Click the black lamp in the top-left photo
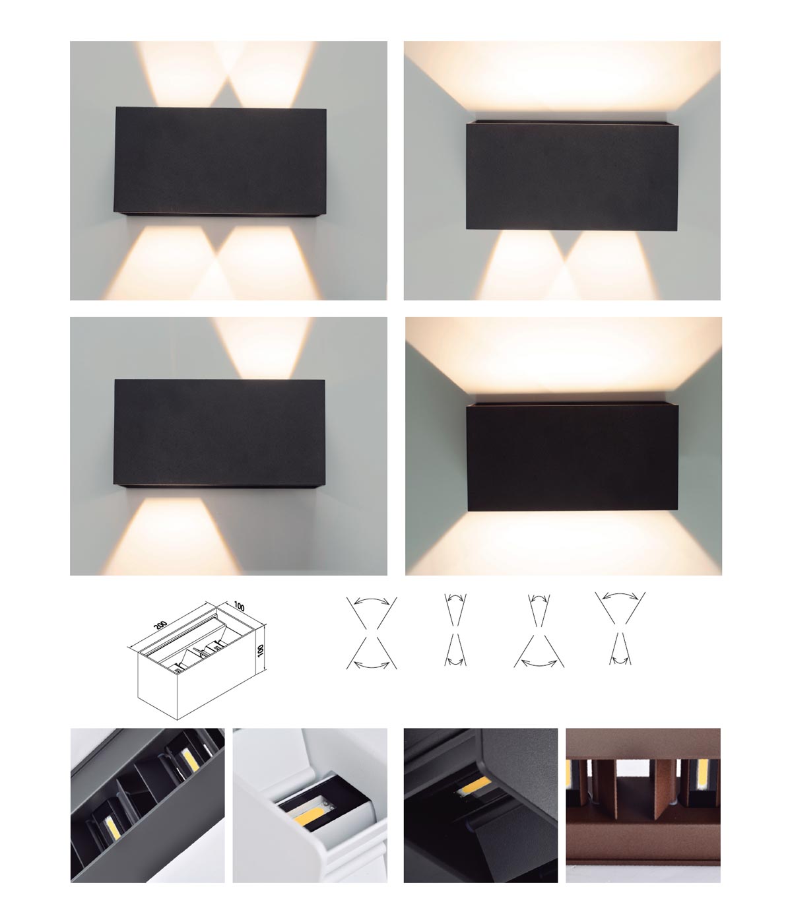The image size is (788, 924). [x=220, y=162]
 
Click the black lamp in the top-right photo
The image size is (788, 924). [x=572, y=176]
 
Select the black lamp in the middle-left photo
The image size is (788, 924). [x=220, y=434]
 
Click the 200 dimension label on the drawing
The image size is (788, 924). [x=160, y=625]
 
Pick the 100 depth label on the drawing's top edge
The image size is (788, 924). [x=239, y=607]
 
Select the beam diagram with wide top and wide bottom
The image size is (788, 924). [x=372, y=632]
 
